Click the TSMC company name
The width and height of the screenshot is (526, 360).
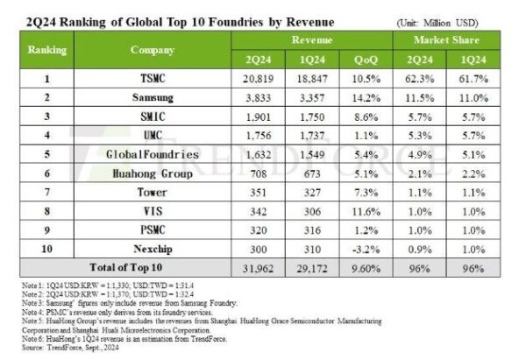tap(153, 78)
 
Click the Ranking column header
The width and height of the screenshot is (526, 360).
tap(47, 50)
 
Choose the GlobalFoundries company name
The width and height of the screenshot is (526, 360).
tap(153, 153)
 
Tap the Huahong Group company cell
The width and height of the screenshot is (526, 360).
tap(153, 173)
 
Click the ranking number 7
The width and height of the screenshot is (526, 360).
tap(47, 191)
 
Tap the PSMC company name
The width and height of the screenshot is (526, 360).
tap(153, 229)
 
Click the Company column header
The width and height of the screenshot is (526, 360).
tap(153, 50)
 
